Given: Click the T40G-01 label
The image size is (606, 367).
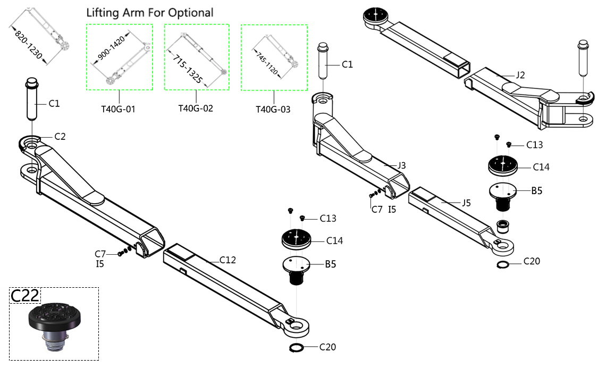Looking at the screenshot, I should [119, 110].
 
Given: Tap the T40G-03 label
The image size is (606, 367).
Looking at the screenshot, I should [273, 110].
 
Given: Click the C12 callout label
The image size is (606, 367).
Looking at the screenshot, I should [227, 260].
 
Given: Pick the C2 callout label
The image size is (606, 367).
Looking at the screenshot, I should [60, 137].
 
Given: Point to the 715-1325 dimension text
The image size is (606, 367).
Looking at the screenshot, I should [186, 68].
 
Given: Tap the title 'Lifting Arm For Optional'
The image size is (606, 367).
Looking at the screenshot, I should [149, 12].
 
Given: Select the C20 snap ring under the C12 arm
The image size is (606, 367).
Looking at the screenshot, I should [296, 348].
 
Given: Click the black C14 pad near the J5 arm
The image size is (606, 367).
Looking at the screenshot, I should [503, 164].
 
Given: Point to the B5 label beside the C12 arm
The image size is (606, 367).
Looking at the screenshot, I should [331, 264].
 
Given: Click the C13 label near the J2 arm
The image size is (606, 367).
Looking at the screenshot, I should [534, 145].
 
